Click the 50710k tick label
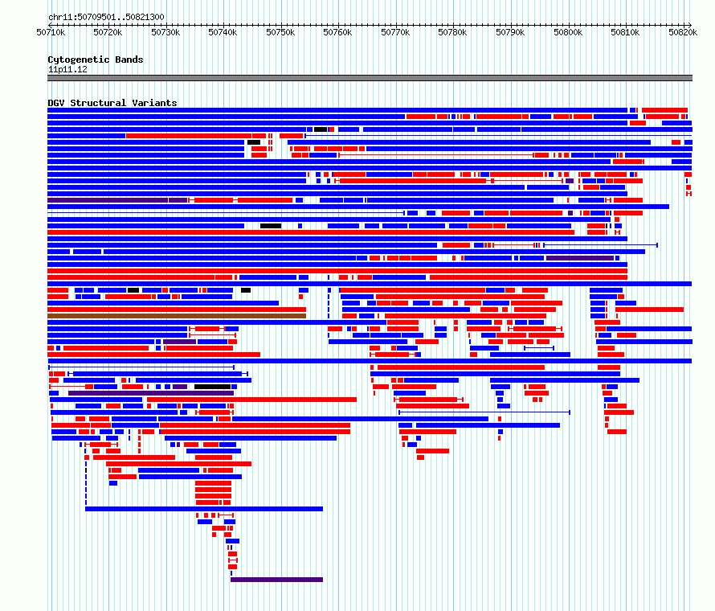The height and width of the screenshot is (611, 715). (51, 32)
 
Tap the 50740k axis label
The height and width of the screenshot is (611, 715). (223, 32)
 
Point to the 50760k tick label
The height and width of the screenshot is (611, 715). (337, 32)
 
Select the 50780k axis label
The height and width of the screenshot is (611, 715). (452, 32)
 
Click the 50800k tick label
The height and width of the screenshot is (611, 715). (568, 32)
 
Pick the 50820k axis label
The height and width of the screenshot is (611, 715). (683, 32)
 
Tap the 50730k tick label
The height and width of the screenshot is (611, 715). (165, 32)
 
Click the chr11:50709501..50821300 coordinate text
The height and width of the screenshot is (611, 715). (106, 17)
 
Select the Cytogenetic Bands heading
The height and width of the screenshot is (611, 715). (96, 59)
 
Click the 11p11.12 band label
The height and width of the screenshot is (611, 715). (67, 69)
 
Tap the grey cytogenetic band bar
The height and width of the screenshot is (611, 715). (370, 78)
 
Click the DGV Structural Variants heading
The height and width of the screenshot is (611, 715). (112, 103)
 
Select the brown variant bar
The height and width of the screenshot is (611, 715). (177, 316)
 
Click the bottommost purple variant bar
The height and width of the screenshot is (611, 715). (277, 580)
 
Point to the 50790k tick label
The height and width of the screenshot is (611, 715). (510, 32)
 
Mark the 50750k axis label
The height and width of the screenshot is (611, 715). (280, 32)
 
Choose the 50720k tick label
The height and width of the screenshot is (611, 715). (108, 32)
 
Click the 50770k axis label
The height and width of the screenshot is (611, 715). (395, 32)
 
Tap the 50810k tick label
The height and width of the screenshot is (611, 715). (625, 32)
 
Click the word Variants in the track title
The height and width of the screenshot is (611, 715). (154, 103)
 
